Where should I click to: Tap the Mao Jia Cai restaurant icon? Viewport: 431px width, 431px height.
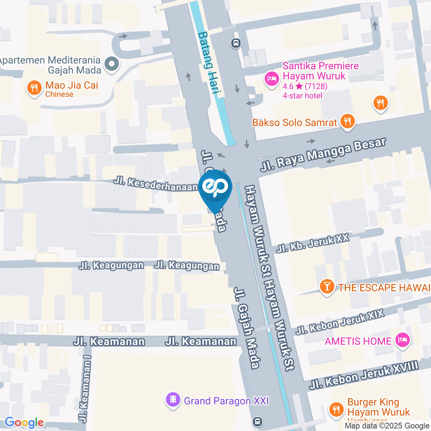(34, 88)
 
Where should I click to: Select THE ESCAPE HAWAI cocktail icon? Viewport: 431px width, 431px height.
(327, 287)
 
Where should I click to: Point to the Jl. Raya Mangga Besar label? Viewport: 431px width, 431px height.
(323, 155)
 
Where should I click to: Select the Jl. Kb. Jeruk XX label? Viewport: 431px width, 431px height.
(313, 243)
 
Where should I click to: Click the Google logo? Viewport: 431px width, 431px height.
(24, 422)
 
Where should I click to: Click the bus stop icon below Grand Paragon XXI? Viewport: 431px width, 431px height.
(258, 421)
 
